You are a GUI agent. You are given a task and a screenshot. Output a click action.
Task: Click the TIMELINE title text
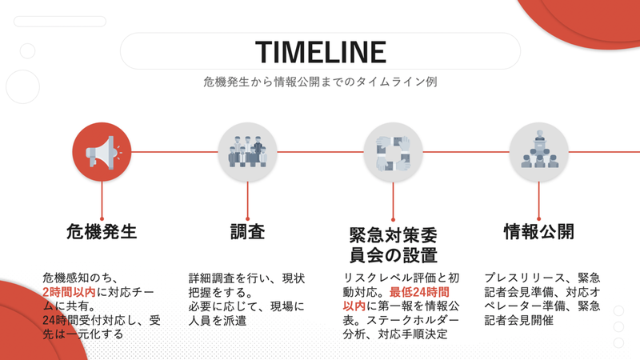coord(321,52)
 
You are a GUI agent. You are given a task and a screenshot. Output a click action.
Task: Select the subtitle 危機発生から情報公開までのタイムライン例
coord(321,82)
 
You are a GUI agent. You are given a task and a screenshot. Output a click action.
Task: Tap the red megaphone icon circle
coord(102,152)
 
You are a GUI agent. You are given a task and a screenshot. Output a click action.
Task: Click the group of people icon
coord(247,152)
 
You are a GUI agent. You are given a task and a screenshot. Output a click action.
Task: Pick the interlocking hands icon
coord(393,152)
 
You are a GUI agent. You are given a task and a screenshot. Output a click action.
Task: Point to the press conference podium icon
coord(538,152)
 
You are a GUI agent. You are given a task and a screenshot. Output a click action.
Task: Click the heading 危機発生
coord(102,231)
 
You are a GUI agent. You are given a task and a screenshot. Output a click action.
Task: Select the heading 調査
coord(247,231)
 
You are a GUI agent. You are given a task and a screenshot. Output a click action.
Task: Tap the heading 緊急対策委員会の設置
coord(394,245)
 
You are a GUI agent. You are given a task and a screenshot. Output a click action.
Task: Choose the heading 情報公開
coord(538,231)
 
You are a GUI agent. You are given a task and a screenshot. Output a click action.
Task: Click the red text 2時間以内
coord(69,292)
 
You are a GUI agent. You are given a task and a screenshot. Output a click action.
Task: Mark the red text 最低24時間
coord(419,292)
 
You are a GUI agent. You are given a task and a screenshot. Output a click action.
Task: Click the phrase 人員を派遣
coord(218,321)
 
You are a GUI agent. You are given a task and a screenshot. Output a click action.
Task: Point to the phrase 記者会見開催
coord(518,321)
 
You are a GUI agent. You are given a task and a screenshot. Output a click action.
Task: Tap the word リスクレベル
coord(372,278)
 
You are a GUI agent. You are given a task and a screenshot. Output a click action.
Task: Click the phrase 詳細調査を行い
coord(230,278)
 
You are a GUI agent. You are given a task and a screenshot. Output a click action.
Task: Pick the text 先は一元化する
coord(83,334)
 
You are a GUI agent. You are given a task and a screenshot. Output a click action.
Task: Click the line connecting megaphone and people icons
coord(174,152)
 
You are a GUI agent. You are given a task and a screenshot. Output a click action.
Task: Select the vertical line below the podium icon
coord(538,201)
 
